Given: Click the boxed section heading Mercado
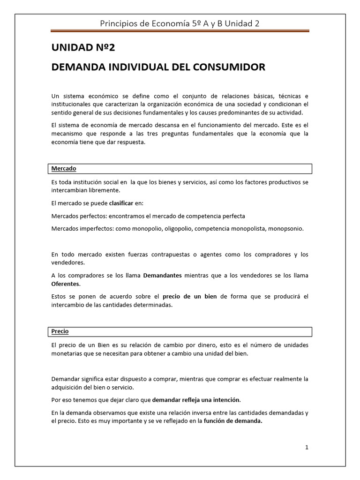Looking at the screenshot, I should coord(64,168).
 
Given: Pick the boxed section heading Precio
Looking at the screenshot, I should coord(60,331).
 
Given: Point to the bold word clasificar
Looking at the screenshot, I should coord(123,203).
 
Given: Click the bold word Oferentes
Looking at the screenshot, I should coord(66,284).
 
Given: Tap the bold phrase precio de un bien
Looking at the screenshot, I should coord(189,296).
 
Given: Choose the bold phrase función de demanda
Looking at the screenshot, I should coord(233,421).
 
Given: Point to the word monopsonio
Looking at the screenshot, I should coord(287,229).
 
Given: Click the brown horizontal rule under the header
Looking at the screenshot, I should coord(180,31).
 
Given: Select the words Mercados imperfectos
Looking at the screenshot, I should coord(79,229).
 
